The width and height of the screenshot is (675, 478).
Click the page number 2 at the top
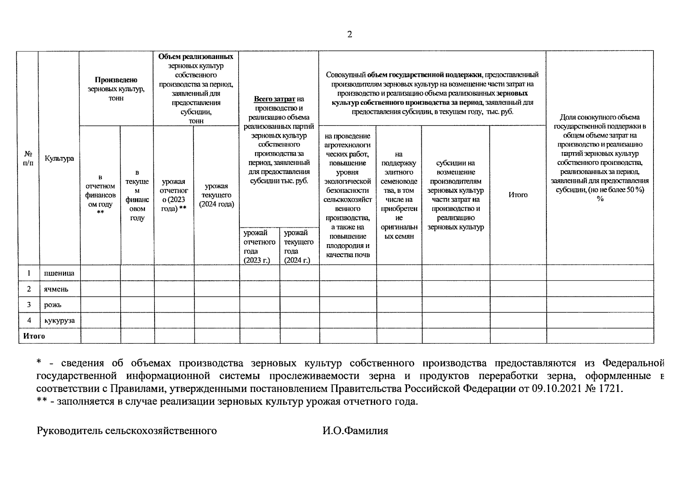coord(350,34)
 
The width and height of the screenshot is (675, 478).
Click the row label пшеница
coord(59,273)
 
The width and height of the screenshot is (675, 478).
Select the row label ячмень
coord(56,289)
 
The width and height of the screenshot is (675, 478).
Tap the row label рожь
coord(53,305)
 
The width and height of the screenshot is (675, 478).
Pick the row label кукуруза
coord(59,321)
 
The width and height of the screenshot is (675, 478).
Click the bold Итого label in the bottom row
coord(34,336)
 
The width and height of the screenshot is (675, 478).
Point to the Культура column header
coord(59,159)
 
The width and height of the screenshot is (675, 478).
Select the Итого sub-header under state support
coord(518,195)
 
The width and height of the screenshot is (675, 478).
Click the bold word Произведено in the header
coord(116,80)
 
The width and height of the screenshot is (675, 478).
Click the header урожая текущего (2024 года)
coord(216,195)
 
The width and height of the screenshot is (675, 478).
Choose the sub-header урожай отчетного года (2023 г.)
coord(259,247)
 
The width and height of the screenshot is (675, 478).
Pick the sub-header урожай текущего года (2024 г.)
coord(299,247)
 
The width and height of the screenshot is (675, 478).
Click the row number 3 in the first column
coord(29,305)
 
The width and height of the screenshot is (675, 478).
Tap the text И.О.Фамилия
coord(355,431)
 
